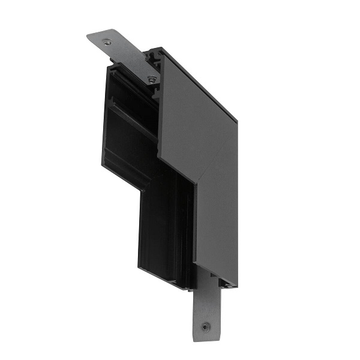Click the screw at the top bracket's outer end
click(107, 41)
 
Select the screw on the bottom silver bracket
click(205, 327)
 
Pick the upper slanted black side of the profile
click(129, 120)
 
